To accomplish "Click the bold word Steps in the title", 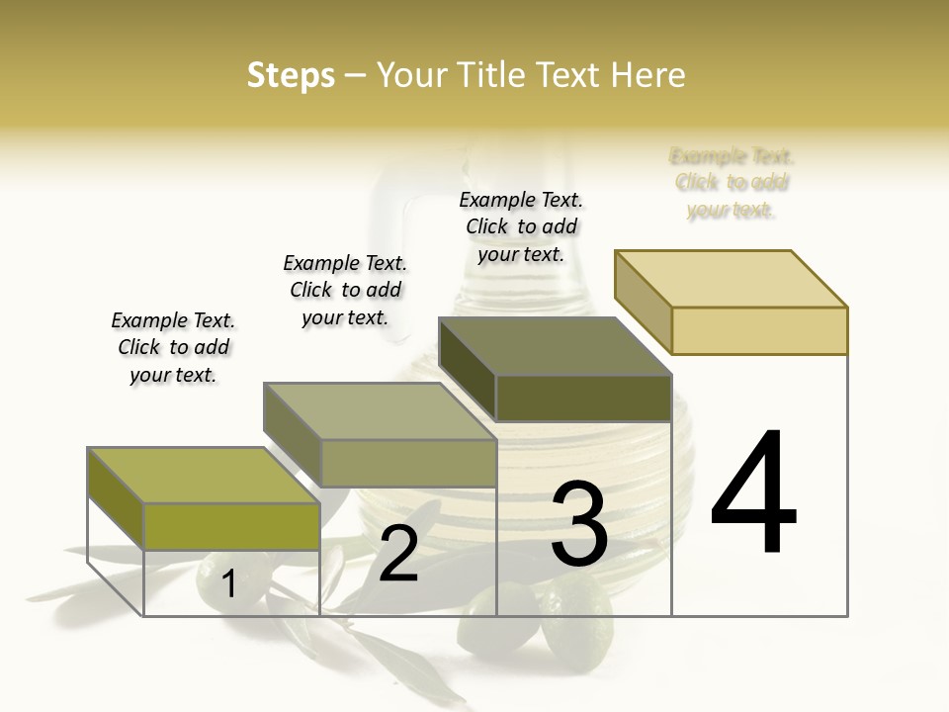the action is [x=291, y=75].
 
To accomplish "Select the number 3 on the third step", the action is [x=579, y=524].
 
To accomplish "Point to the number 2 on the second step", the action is [x=398, y=555].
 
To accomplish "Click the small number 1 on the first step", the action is [x=228, y=583].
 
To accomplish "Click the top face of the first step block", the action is [x=203, y=476].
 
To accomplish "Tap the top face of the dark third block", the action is [x=555, y=346].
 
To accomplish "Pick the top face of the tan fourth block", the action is [x=731, y=279].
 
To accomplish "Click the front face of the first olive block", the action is [x=231, y=526].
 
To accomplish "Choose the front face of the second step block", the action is [x=407, y=463].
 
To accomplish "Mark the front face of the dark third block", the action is [x=583, y=398].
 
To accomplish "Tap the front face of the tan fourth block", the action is [x=759, y=330].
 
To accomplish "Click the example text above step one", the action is [x=173, y=347].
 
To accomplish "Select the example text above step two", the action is [x=345, y=290].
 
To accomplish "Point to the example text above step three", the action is [x=521, y=226].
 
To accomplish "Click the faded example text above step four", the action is [x=732, y=183].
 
